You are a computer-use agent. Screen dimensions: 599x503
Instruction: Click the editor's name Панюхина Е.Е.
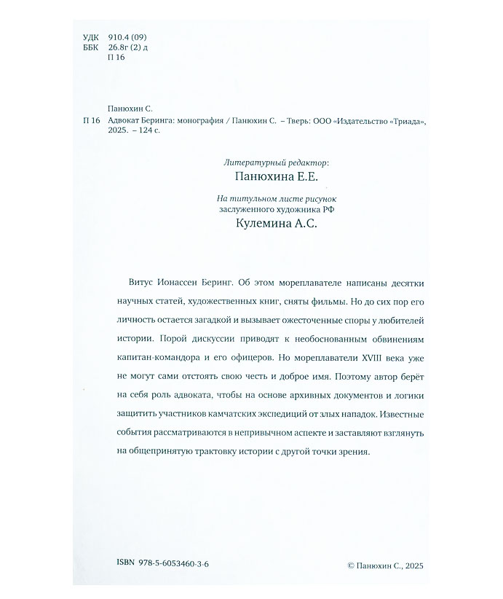click(268, 177)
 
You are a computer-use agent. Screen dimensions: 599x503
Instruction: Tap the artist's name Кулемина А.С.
click(268, 226)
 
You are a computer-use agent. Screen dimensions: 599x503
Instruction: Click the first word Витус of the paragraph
click(129, 282)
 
